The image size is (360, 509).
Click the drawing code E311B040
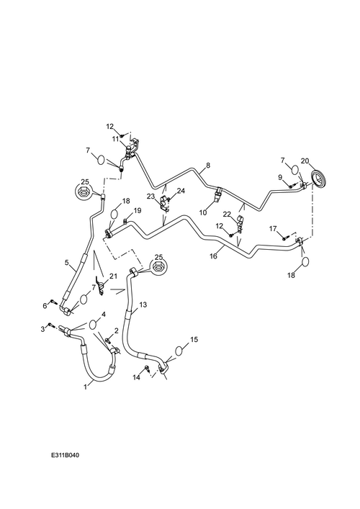coord(65,455)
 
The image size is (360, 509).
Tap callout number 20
coord(305,161)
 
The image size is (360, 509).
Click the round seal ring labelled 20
coord(320,180)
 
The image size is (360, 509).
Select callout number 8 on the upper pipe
coord(208,166)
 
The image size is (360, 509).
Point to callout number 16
coord(213,256)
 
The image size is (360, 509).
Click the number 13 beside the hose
coord(143,305)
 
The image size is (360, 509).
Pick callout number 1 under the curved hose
coord(86,387)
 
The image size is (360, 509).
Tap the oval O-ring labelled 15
coord(179,351)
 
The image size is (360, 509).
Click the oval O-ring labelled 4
coord(93,324)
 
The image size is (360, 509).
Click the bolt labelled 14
coord(147,369)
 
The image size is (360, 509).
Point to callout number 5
coord(66,262)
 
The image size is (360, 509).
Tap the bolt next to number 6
coord(54,302)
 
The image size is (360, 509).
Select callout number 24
coord(181,191)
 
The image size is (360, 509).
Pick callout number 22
coord(227,215)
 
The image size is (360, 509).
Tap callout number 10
coord(203,213)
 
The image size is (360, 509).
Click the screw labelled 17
coord(285,238)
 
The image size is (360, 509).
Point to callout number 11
coord(116,139)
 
